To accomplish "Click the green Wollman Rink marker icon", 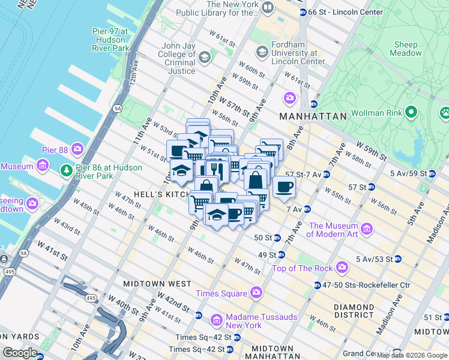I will click(411, 112).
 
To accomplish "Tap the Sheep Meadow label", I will click(406, 49).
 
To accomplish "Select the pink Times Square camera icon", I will click(256, 293).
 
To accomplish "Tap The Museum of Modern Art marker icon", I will click(367, 229).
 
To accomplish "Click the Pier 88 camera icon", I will click(77, 148).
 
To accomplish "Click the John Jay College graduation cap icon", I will click(204, 58).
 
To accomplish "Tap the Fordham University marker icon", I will click(262, 52).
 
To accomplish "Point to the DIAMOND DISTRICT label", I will click(354, 311).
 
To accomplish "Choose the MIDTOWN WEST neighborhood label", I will click(157, 283).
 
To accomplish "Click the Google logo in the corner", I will click(20, 353).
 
